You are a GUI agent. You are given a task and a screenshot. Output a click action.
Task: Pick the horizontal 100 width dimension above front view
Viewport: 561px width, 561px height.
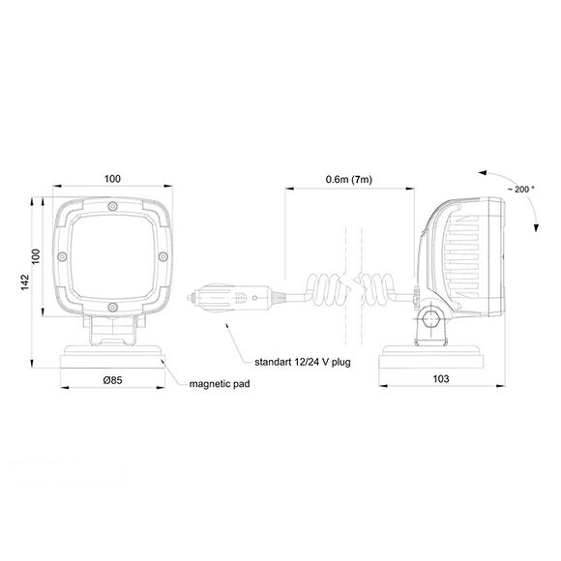(x=111, y=178)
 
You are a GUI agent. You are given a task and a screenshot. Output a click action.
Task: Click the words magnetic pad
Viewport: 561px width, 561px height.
(x=220, y=384)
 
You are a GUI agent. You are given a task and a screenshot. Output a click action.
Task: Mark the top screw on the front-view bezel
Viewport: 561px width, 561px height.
(x=112, y=207)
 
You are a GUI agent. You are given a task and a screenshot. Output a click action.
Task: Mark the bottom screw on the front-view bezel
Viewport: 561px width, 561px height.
(x=112, y=307)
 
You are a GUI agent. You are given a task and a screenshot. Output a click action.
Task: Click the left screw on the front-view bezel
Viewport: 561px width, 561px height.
(x=62, y=256)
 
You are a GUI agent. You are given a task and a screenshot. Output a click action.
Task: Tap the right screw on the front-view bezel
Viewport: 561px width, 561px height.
(x=162, y=256)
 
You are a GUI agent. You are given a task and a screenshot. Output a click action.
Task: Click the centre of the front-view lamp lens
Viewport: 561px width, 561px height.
(x=112, y=256)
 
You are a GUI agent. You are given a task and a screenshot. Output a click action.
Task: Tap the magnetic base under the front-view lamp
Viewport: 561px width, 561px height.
(x=111, y=357)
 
